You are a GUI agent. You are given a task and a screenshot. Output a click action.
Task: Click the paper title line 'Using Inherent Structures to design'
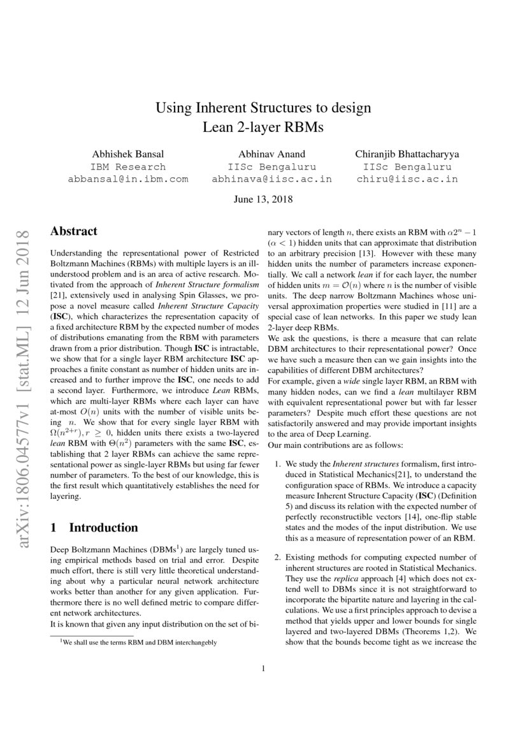(263, 108)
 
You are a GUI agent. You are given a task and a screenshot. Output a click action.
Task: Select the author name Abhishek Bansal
(128, 154)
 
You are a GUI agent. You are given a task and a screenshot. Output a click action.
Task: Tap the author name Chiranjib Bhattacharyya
(407, 154)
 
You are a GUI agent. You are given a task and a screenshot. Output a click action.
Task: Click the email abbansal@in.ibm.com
(128, 179)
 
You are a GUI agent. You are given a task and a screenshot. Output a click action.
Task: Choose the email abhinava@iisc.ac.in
(271, 179)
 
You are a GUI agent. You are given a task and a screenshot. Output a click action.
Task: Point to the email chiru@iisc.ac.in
(407, 179)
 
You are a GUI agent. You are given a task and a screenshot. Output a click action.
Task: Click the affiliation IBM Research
(128, 166)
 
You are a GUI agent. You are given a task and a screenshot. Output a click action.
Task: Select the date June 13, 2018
(263, 199)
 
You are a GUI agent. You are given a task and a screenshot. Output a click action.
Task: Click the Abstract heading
(74, 231)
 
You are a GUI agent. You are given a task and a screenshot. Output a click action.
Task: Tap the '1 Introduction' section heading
(94, 528)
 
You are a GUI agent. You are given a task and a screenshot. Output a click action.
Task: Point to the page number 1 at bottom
(263, 669)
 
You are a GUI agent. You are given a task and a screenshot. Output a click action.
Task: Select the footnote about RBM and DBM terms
(138, 642)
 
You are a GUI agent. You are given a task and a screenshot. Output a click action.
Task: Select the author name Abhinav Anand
(271, 154)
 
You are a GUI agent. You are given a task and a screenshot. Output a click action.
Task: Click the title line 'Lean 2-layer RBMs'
(263, 127)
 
